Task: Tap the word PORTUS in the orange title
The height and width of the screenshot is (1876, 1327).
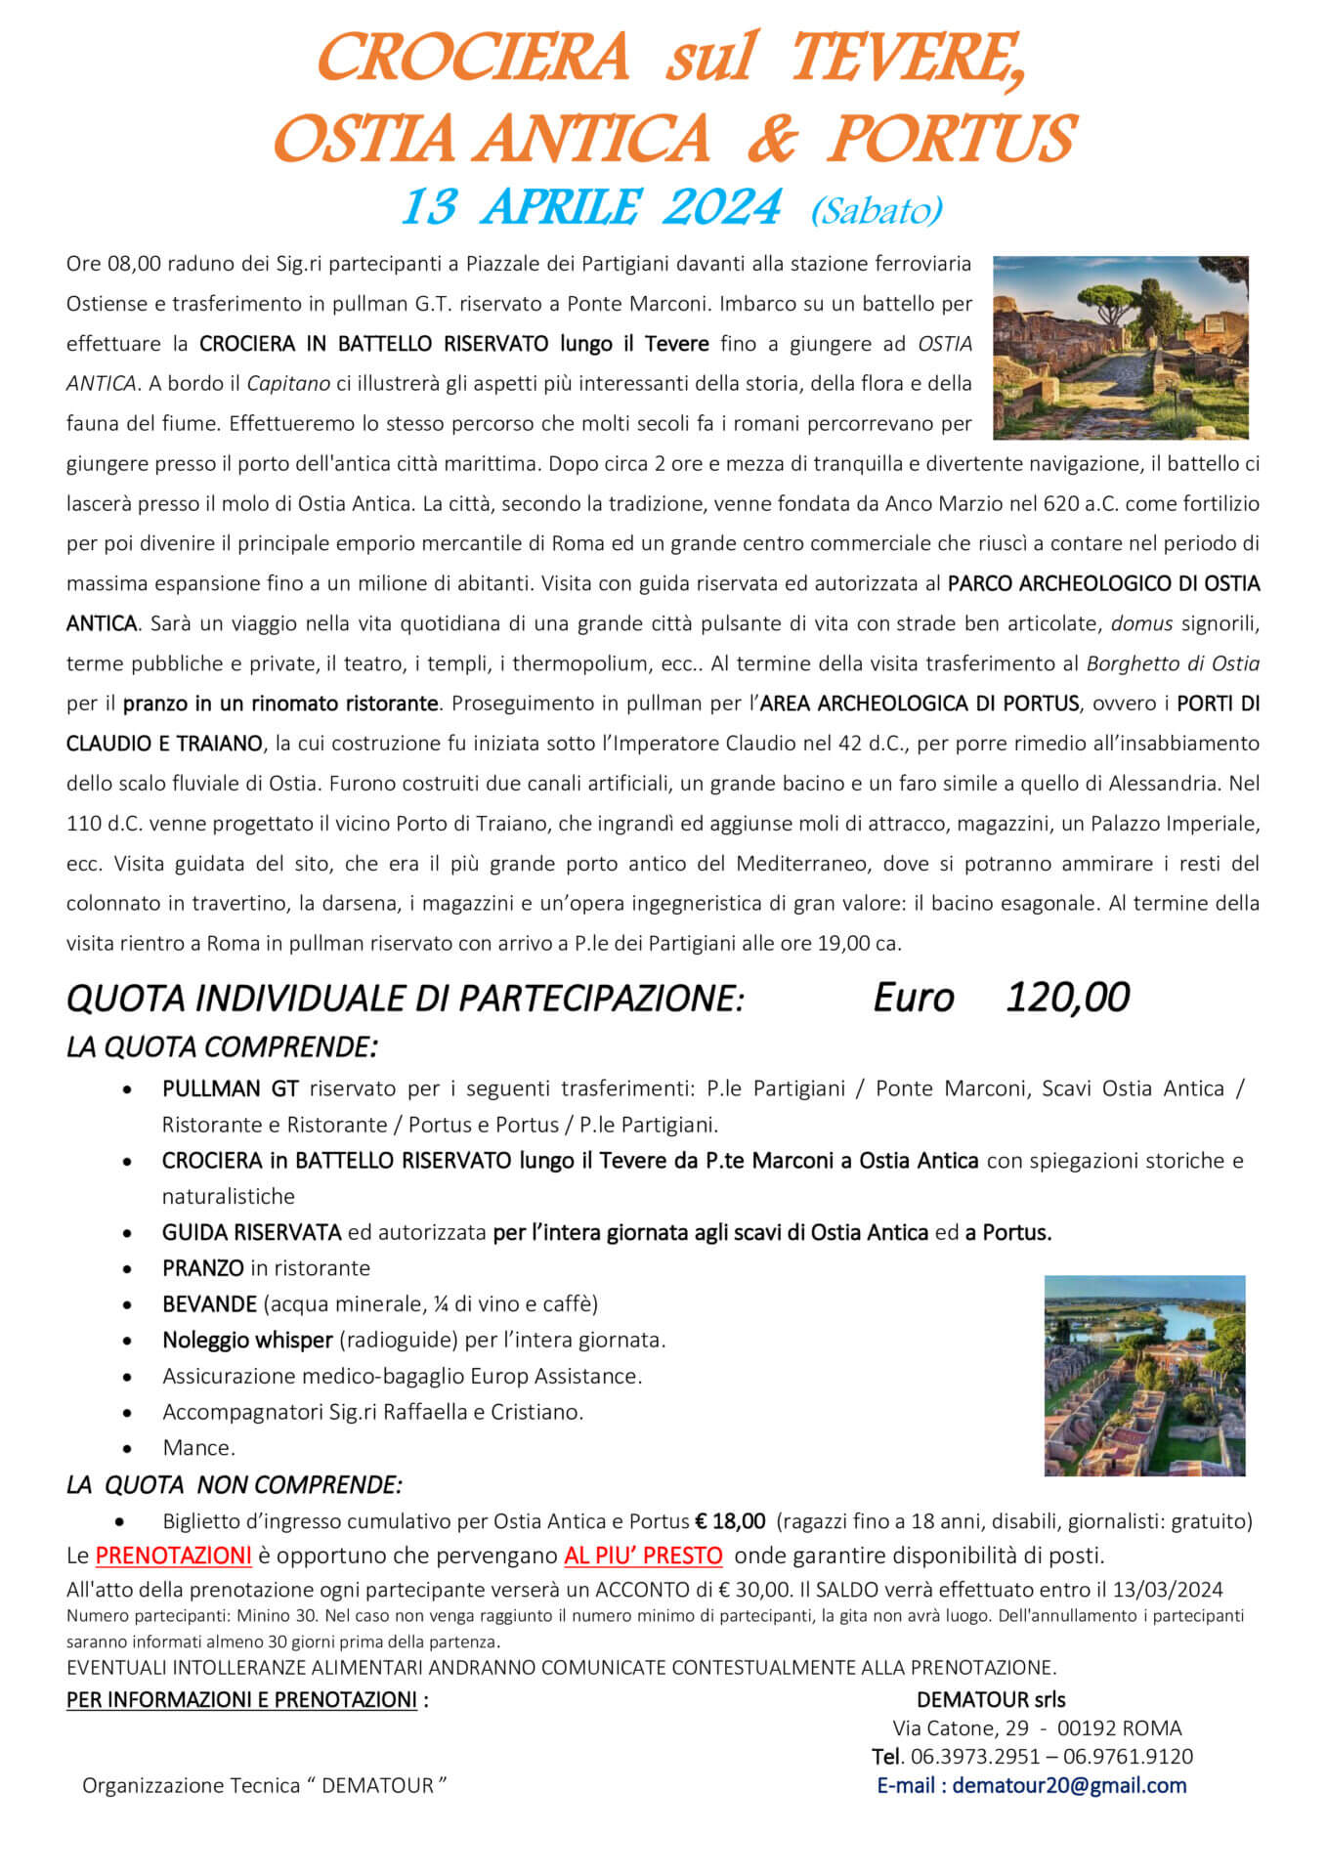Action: tap(951, 140)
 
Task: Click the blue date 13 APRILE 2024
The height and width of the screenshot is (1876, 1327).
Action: tap(590, 207)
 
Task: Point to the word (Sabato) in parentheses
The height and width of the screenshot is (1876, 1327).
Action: tap(876, 210)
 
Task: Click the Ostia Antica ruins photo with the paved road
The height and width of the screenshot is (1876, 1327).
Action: tap(1120, 347)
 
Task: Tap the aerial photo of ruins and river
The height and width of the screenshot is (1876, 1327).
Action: tap(1144, 1375)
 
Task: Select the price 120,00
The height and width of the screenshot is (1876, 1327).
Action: tap(1067, 998)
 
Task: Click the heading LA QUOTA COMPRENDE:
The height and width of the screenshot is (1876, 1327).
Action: tap(222, 1047)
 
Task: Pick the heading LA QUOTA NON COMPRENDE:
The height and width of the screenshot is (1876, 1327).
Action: tap(234, 1485)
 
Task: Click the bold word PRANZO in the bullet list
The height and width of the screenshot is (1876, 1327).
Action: tap(203, 1268)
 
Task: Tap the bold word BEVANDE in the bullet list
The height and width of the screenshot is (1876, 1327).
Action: tap(209, 1304)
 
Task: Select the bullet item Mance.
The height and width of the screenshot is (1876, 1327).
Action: tap(199, 1448)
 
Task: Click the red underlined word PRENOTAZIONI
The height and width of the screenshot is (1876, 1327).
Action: tap(173, 1556)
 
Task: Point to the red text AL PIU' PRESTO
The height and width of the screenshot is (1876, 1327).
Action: tap(643, 1556)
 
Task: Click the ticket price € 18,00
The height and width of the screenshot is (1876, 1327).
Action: tap(730, 1521)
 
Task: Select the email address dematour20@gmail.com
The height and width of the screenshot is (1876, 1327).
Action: tap(1069, 1786)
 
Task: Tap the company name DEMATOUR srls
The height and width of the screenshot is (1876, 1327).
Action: tap(991, 1700)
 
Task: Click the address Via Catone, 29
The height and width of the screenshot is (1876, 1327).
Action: tap(960, 1728)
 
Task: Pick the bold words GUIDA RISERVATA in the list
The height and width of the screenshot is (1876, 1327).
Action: tap(251, 1233)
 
